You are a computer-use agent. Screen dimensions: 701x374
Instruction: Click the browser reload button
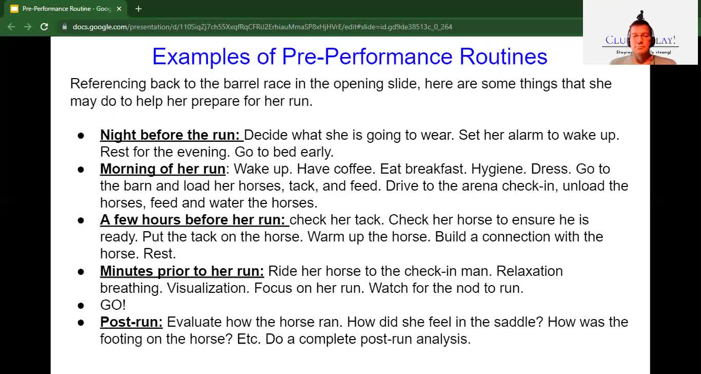(44, 27)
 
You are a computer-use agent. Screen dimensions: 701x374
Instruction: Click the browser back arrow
(11, 27)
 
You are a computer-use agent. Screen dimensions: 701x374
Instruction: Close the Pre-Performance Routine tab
(119, 9)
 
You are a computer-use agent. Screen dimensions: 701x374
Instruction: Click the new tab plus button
(139, 9)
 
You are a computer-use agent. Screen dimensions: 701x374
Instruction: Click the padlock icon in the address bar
(65, 27)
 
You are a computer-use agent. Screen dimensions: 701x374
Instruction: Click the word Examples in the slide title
(201, 57)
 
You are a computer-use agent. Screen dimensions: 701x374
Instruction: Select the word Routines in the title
(503, 57)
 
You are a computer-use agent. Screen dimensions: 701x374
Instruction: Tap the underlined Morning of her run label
(163, 169)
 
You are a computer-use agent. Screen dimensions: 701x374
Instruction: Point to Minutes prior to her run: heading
(182, 271)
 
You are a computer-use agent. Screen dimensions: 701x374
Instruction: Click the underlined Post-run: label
(131, 322)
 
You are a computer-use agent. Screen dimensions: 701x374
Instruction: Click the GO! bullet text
(113, 305)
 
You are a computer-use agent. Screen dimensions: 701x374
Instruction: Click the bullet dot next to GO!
(81, 305)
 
